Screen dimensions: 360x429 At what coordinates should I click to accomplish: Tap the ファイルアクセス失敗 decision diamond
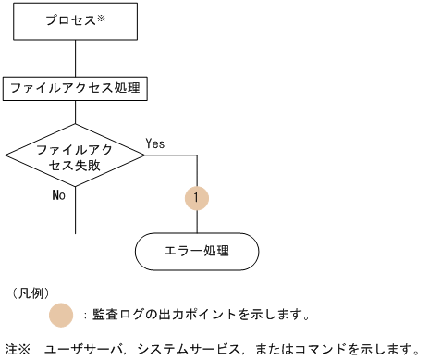pyautogui.click(x=75, y=156)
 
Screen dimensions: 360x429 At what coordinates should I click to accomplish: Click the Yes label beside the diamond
pyautogui.click(x=155, y=143)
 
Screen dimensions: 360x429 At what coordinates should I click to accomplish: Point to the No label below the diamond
pyautogui.click(x=59, y=195)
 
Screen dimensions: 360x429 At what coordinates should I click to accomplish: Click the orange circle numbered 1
pyautogui.click(x=197, y=197)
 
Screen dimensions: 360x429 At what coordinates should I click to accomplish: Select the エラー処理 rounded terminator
pyautogui.click(x=197, y=250)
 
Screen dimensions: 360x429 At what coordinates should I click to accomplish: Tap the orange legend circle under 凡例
pyautogui.click(x=61, y=315)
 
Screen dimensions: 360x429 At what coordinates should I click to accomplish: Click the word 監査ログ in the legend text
pyautogui.click(x=113, y=315)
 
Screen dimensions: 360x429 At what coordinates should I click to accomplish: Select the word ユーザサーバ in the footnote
pyautogui.click(x=83, y=349)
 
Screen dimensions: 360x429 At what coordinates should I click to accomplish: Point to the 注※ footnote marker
pyautogui.click(x=18, y=349)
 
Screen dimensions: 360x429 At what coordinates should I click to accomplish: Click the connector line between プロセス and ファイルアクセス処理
pyautogui.click(x=75, y=58)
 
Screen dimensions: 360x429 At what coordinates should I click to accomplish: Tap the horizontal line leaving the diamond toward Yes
pyautogui.click(x=171, y=156)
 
